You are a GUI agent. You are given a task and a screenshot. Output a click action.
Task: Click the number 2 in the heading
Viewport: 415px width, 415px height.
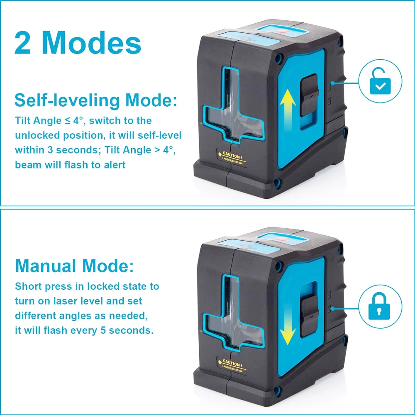[x=22, y=43]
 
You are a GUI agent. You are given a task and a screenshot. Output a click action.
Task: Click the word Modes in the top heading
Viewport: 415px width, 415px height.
[x=91, y=42]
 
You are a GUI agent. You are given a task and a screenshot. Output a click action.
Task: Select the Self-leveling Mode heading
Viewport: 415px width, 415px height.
[x=96, y=100]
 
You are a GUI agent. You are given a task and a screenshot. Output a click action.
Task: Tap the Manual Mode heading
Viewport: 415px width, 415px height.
[x=74, y=266]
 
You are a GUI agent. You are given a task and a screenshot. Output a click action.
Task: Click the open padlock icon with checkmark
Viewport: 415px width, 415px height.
[x=380, y=81]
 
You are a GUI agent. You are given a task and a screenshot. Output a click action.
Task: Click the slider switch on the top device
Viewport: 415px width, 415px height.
[x=309, y=95]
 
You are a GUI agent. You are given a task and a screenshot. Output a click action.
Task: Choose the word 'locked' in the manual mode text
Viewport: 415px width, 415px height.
[x=102, y=286]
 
